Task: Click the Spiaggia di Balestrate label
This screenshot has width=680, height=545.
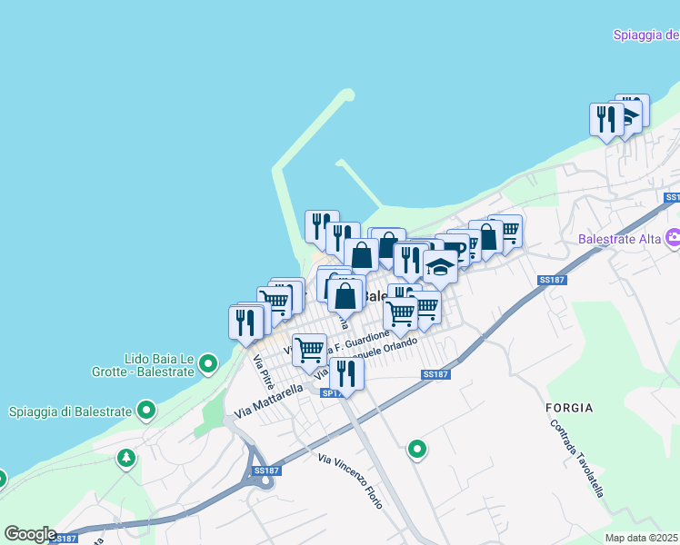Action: (x=70, y=411)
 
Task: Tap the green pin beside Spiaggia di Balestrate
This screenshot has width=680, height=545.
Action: (x=146, y=411)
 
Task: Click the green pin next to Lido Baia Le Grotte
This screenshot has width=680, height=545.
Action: (x=208, y=365)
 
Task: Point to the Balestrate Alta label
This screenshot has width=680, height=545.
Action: (x=620, y=240)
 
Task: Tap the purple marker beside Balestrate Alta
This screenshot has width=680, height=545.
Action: (x=674, y=238)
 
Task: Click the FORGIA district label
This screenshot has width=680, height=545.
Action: (x=570, y=408)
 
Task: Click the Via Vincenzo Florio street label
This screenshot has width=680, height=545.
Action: (x=350, y=481)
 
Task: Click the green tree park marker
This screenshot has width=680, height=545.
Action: (x=125, y=458)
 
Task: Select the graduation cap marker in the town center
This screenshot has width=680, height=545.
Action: (x=441, y=267)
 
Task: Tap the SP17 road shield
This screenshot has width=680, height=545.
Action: (x=332, y=392)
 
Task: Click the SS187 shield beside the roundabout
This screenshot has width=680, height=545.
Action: (x=266, y=471)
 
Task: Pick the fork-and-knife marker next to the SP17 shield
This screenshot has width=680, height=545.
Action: (x=346, y=371)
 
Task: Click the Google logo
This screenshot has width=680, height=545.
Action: (x=30, y=534)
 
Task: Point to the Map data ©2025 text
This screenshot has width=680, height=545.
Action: (x=641, y=538)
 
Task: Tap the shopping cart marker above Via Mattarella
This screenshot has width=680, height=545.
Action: (x=310, y=348)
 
